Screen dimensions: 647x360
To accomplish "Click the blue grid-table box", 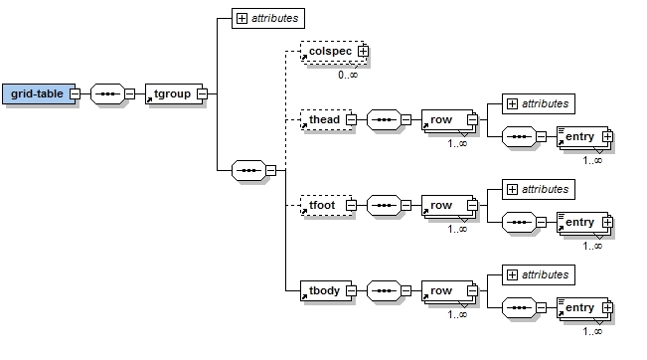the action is point(39,93).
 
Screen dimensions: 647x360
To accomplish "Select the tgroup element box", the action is point(174,93).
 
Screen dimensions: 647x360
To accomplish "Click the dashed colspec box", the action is point(333,52).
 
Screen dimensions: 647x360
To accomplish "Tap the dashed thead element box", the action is point(326,119).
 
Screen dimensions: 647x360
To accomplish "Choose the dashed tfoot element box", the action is point(326,205).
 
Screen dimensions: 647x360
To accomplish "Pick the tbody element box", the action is point(326,290).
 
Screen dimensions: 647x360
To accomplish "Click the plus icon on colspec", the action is point(363,51).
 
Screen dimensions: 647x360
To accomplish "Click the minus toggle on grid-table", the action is point(75,93).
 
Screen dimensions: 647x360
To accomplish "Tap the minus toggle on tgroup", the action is point(202,93).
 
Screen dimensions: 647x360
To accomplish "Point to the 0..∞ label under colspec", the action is point(348,75).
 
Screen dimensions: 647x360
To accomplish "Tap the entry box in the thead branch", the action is point(583,137).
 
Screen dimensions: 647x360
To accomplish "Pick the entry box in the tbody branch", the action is point(583,308).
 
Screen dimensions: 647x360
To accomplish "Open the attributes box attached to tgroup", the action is point(268,18).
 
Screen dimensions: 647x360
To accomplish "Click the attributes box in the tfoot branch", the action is point(539,189).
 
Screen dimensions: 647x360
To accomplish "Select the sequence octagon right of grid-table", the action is point(107,93).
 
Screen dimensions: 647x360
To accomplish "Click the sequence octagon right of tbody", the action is point(384,290).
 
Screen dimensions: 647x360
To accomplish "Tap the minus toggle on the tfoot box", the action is point(351,205).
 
